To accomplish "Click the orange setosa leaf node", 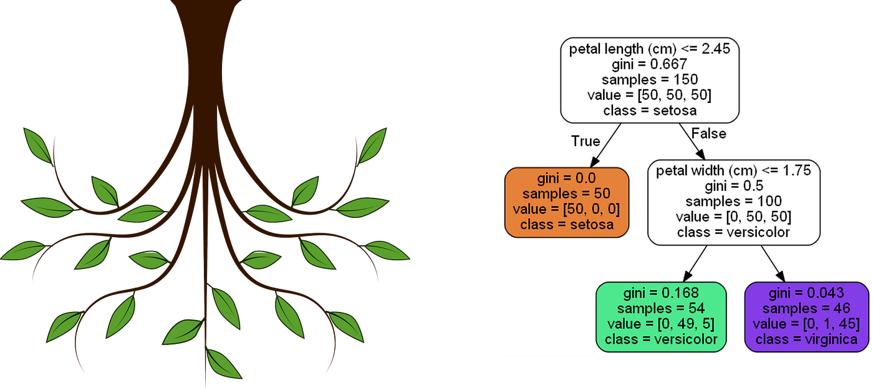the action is coord(566,202).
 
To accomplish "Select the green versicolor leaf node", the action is coord(662,316).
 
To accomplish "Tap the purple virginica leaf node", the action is coord(806,316).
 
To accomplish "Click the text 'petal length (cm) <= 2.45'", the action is coord(650,49).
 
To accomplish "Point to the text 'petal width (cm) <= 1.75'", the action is coord(733,171).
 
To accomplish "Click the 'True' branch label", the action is coord(586,142).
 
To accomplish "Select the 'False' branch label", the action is coord(708,133).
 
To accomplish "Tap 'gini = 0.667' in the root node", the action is coord(650,64).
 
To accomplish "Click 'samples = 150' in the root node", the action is coord(650,80).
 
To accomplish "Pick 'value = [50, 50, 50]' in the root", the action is coord(650,95).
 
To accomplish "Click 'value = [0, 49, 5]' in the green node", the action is coord(662,324).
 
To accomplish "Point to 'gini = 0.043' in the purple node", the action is coord(806,293).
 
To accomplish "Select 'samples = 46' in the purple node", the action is coord(806,308).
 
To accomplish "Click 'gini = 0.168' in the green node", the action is coord(662,293).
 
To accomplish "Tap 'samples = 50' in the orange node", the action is coord(566,194).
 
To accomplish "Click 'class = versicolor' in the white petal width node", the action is coord(733,233).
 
